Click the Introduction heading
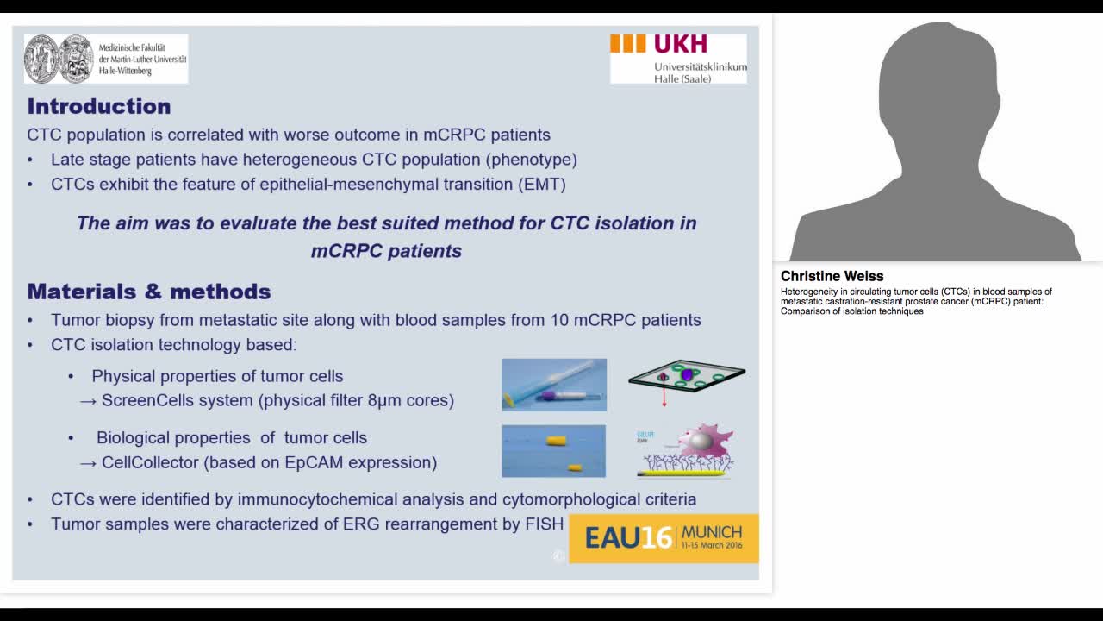click(99, 106)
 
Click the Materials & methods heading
click(149, 292)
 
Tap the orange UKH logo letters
click(680, 44)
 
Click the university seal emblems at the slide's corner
click(59, 59)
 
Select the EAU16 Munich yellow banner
click(664, 538)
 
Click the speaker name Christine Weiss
click(832, 276)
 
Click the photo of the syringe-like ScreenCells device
click(554, 385)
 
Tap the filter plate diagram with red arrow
click(687, 379)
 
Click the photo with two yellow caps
click(553, 450)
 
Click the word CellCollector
click(150, 462)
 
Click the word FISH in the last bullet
click(544, 524)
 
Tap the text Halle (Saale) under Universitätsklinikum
click(682, 79)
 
